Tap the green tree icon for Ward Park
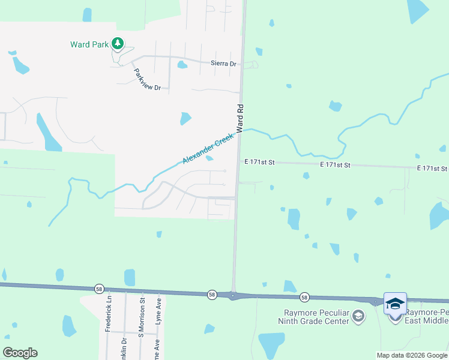click(118, 43)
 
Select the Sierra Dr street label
click(223, 64)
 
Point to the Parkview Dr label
click(148, 79)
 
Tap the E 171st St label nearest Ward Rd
click(259, 163)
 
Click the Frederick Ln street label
click(109, 313)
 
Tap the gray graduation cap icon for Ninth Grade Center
click(358, 316)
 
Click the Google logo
click(20, 353)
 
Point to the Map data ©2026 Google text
click(411, 355)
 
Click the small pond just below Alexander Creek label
click(209, 159)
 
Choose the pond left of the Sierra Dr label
click(182, 65)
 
